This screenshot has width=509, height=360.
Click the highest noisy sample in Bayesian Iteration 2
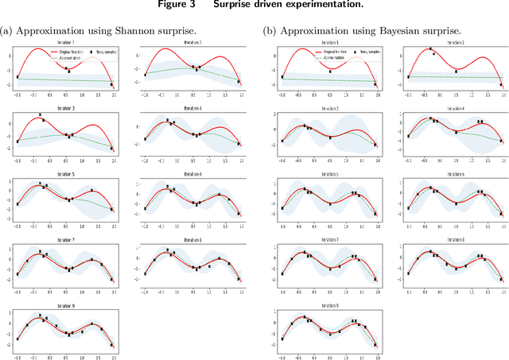click(x=432, y=49)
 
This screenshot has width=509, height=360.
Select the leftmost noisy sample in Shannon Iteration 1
click(x=17, y=77)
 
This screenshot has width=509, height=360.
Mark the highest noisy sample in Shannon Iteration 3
click(x=40, y=115)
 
